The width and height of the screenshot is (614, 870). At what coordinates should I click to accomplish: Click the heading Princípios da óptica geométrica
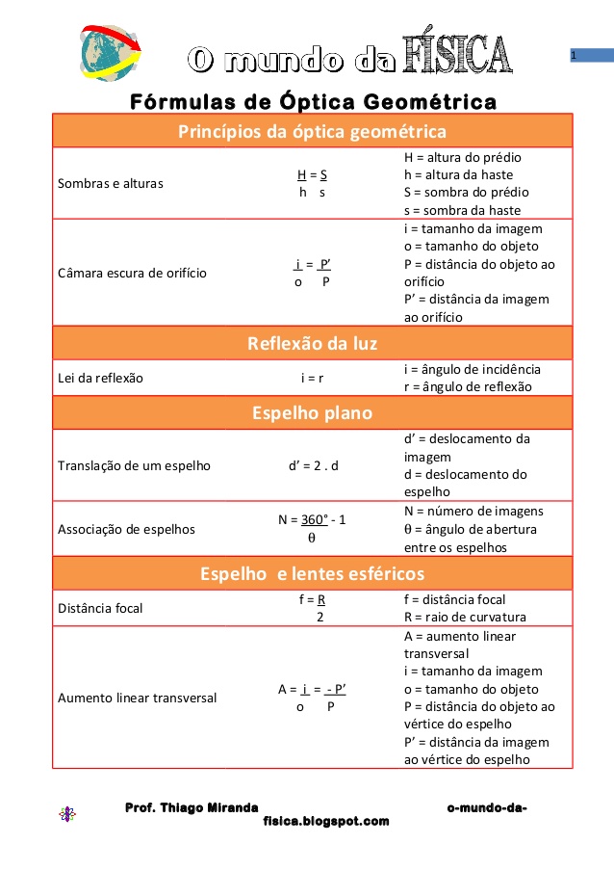[312, 131]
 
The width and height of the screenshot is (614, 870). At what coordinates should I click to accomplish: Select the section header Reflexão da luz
[312, 343]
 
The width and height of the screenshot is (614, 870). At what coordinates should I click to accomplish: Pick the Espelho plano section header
[312, 412]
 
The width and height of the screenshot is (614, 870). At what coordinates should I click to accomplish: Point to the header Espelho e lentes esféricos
[312, 574]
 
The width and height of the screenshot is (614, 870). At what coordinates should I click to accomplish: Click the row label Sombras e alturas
[111, 183]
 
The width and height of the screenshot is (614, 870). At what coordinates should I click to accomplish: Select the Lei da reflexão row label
[101, 378]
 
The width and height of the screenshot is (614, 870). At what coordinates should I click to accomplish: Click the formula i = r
[313, 378]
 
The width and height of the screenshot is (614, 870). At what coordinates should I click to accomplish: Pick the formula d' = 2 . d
[313, 466]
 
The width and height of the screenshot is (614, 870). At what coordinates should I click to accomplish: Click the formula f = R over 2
[313, 608]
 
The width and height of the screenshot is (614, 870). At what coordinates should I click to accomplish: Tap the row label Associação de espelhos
[126, 528]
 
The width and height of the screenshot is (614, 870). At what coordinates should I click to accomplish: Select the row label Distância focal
[101, 608]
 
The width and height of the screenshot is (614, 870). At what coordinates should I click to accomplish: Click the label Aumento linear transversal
[138, 698]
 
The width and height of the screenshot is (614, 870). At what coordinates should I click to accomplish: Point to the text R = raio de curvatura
[466, 617]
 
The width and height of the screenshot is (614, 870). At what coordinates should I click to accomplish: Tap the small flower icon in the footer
[66, 814]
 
